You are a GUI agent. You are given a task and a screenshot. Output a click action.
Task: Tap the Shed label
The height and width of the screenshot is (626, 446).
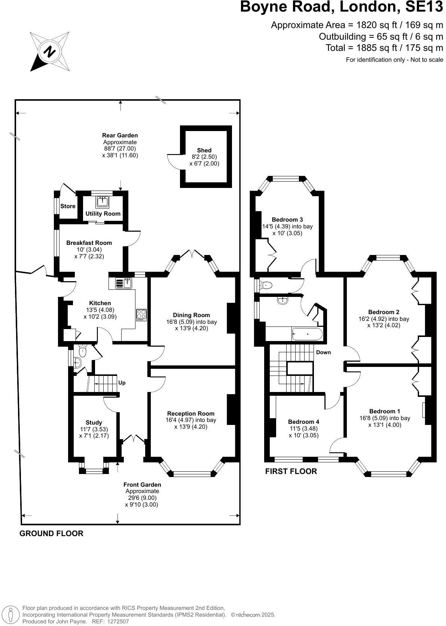point(204,151)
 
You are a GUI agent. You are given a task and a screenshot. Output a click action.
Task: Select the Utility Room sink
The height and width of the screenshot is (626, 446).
point(102,203)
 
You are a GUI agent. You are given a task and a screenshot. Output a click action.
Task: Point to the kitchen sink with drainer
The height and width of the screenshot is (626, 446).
point(123,283)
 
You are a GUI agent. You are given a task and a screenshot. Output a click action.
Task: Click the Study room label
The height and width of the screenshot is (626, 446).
point(94,422)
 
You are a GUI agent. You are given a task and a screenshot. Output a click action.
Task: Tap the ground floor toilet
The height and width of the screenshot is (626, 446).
point(82,351)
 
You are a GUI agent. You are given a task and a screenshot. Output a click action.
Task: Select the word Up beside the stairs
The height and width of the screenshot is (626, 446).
point(122,383)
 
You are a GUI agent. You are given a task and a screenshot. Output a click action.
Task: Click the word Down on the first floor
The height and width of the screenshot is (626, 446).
point(323,352)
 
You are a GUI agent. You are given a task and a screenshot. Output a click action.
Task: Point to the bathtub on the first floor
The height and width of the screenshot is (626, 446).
point(307,334)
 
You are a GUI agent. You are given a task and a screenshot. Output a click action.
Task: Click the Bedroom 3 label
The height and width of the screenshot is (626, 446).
point(287,220)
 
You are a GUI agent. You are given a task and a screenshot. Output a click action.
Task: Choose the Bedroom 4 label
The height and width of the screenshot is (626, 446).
point(303,422)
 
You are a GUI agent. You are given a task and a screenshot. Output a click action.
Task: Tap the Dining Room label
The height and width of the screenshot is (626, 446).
point(191,315)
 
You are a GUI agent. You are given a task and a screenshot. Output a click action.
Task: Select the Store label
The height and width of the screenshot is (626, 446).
point(68,206)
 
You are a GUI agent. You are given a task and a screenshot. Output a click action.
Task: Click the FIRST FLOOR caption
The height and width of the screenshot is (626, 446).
point(291,471)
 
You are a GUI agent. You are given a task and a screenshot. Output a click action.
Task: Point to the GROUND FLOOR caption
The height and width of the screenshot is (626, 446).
point(51,534)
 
